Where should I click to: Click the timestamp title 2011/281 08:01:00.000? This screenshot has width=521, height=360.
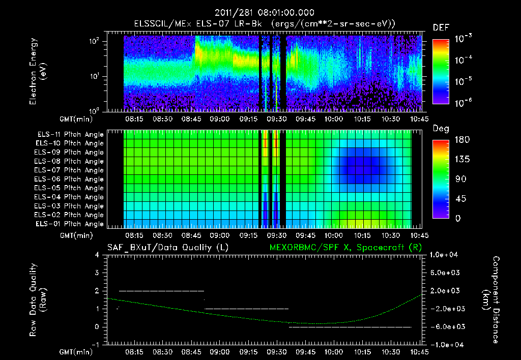click(264, 12)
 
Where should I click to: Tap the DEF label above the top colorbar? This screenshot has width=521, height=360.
click(441, 27)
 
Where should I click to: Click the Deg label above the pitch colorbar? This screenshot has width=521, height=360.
click(440, 129)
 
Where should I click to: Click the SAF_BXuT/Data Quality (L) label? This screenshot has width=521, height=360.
click(167, 247)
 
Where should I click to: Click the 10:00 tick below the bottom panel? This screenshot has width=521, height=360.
click(334, 351)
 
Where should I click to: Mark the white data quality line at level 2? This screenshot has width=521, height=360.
click(161, 291)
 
